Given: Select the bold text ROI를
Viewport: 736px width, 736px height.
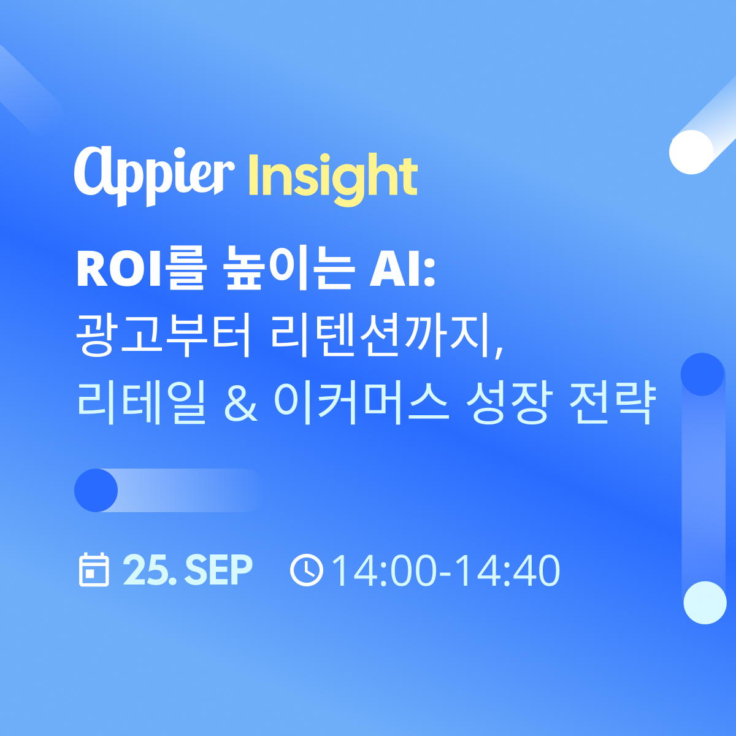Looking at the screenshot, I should point(139,270).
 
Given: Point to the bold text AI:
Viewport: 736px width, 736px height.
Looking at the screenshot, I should point(402,270).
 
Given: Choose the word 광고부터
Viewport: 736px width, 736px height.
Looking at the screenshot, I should point(164,335).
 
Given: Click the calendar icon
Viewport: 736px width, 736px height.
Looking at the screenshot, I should point(94,570).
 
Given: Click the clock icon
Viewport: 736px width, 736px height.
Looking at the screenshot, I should point(306,570).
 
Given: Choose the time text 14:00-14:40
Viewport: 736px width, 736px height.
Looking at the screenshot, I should point(446,570).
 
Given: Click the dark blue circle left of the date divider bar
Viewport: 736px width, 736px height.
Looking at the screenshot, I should point(96,491).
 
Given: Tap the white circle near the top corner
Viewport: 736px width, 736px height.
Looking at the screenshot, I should point(691,152).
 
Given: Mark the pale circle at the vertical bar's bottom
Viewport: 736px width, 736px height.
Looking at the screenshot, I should point(705,603).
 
